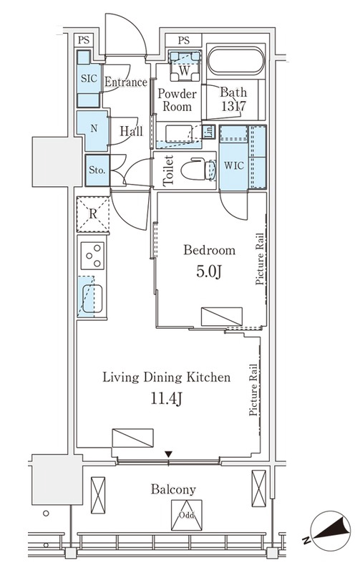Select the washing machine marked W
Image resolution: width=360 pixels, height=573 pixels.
tap(185, 66)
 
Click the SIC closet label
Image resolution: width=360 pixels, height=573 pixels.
tap(89, 78)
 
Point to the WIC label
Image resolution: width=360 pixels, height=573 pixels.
tap(233, 165)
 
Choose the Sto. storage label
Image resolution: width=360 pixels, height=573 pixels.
tap(97, 170)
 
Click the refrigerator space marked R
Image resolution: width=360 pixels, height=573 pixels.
tap(93, 214)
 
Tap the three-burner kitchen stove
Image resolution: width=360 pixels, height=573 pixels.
tap(92, 255)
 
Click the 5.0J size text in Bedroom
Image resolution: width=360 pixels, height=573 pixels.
tap(209, 271)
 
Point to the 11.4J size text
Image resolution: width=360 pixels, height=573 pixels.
tap(167, 399)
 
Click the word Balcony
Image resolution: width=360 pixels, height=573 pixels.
tap(173, 490)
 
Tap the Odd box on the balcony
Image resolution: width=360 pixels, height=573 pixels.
tap(186, 515)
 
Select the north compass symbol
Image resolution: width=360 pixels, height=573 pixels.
tap(330, 531)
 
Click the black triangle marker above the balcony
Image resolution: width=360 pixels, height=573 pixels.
tap(168, 454)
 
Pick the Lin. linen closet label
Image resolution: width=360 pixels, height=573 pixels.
tap(209, 132)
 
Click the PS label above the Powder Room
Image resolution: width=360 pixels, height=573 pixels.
tap(184, 40)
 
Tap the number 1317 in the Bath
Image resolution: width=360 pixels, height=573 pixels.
tap(233, 106)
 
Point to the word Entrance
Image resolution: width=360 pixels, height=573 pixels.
tap(126, 82)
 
